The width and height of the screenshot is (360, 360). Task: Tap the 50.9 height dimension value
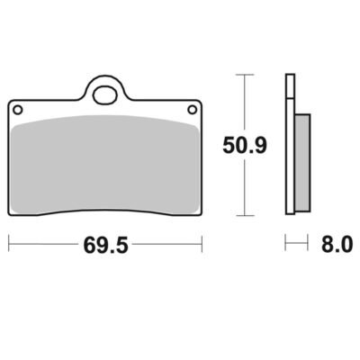tap(245, 145)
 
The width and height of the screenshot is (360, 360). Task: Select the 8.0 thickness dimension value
tap(337, 244)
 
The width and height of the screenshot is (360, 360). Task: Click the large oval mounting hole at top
tap(104, 94)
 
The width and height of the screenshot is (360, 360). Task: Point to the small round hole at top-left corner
tap(18, 110)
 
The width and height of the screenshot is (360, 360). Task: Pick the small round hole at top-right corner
tap(192, 110)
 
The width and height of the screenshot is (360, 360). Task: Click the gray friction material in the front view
tap(105, 164)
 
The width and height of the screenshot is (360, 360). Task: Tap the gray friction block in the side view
tap(302, 162)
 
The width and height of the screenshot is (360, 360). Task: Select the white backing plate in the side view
tap(290, 144)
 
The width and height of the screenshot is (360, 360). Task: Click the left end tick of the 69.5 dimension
tap(9, 244)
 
